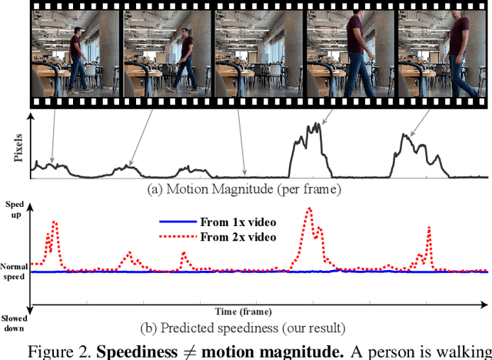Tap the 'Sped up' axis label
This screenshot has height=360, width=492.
15,210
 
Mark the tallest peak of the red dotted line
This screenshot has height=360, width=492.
308,208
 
